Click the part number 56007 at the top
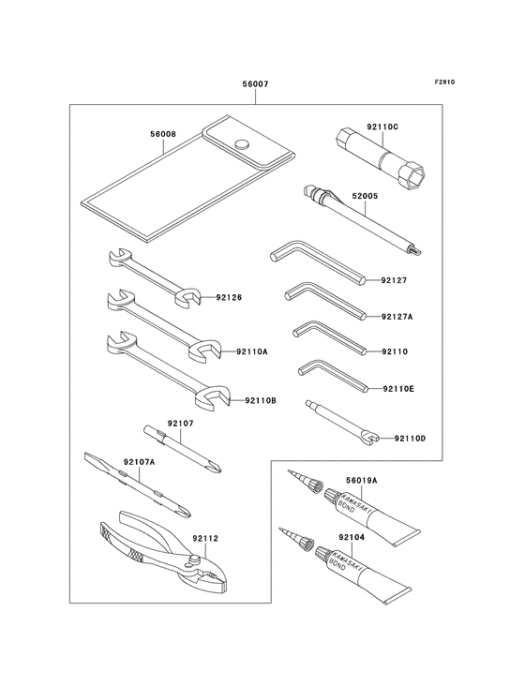point(256,84)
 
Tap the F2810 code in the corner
point(444,82)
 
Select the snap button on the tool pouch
point(242,144)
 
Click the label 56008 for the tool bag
point(162,134)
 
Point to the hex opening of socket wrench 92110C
point(414,175)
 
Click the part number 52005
point(365,196)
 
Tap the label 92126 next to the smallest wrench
point(229,297)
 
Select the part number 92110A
point(251,351)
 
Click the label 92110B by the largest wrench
point(261,400)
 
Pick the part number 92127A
point(397,317)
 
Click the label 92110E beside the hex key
point(398,389)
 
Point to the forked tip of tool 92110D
point(372,438)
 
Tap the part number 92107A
point(139,462)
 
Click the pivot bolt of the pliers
point(195,559)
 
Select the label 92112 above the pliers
point(204,539)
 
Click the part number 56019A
point(361,481)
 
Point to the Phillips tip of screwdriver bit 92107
point(216,467)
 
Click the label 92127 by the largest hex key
point(394,280)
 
